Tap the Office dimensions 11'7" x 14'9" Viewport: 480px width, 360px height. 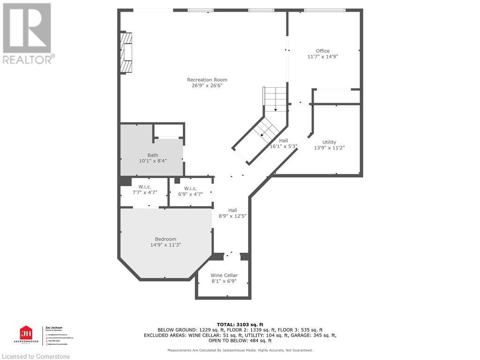pyautogui.click(x=322, y=57)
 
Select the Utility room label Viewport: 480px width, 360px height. pyautogui.click(x=329, y=142)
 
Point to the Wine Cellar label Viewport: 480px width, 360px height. pyautogui.click(x=224, y=275)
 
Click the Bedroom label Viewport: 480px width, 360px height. pyautogui.click(x=165, y=239)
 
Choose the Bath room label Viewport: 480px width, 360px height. pyautogui.click(x=153, y=155)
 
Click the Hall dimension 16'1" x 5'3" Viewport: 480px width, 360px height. pyautogui.click(x=284, y=146)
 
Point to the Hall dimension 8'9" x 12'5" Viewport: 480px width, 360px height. pyautogui.click(x=232, y=216)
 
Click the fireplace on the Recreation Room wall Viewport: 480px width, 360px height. pyautogui.click(x=126, y=52)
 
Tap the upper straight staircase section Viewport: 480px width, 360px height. pyautogui.click(x=275, y=99)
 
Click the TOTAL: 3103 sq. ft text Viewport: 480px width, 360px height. pyautogui.click(x=240, y=324)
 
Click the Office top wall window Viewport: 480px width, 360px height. pyautogui.click(x=324, y=10)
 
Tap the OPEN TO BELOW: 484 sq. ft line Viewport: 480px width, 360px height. pyautogui.click(x=240, y=341)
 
